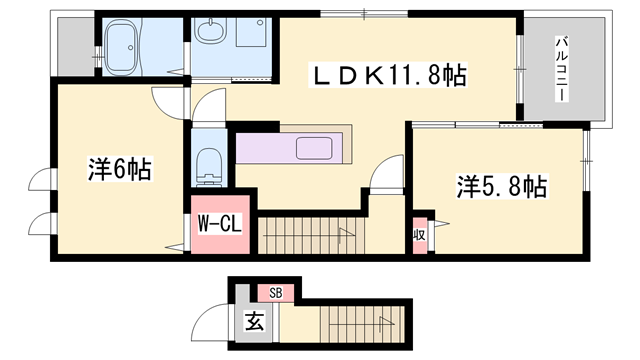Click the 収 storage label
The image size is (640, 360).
click(420, 235)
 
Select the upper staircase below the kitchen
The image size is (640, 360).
click(310, 236)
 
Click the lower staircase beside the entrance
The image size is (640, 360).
click(355, 326)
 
